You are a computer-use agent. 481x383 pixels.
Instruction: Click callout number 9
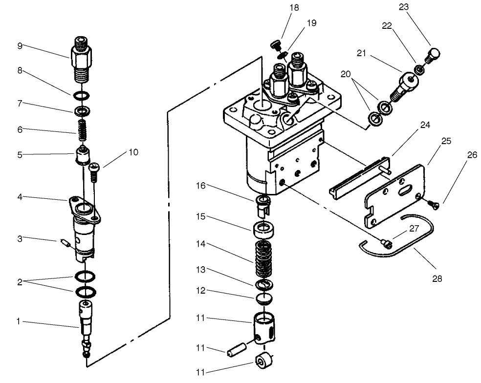[x=20, y=46]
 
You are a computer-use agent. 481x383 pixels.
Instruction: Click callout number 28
[x=437, y=278]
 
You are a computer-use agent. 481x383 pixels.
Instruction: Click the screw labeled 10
[x=95, y=173]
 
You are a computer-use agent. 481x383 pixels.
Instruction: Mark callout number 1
[x=18, y=321]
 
